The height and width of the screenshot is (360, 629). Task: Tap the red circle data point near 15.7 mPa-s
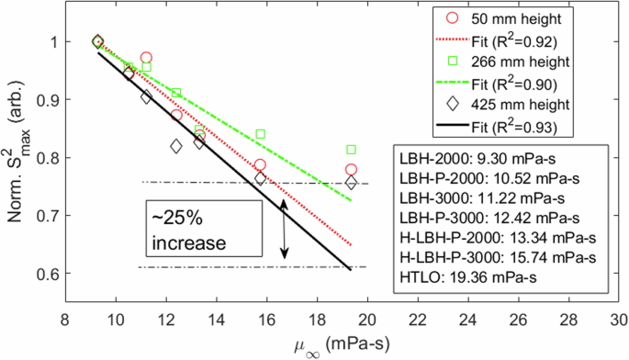coord(261,165)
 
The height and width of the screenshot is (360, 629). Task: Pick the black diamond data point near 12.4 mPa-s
coord(176,146)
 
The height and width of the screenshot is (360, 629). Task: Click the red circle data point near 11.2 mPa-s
coord(146,58)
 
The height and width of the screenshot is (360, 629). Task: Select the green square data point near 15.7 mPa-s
coord(261,134)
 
